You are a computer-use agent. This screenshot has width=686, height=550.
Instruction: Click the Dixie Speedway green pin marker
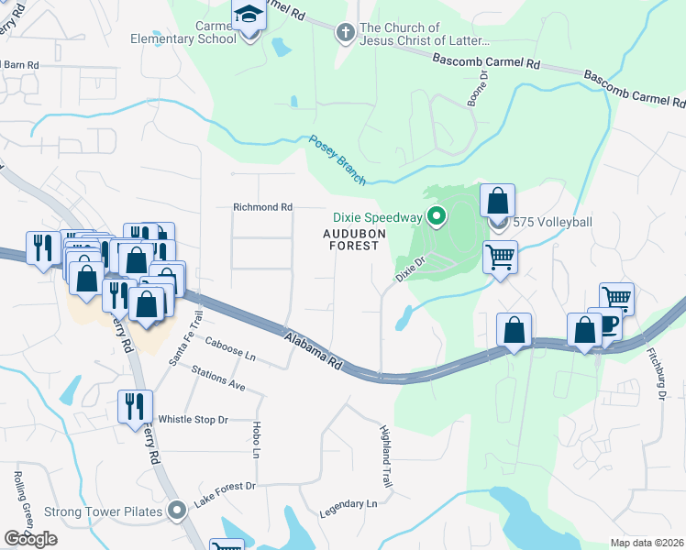pos(437,217)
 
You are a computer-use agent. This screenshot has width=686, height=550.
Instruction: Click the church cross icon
pos(346,33)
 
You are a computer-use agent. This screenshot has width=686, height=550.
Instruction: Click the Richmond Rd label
pos(262,207)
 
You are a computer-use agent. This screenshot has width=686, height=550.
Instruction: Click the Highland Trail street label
pos(386,455)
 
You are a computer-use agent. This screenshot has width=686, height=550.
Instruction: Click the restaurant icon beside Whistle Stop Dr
pos(135,405)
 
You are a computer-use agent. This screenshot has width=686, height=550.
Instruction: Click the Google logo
pos(31,539)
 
